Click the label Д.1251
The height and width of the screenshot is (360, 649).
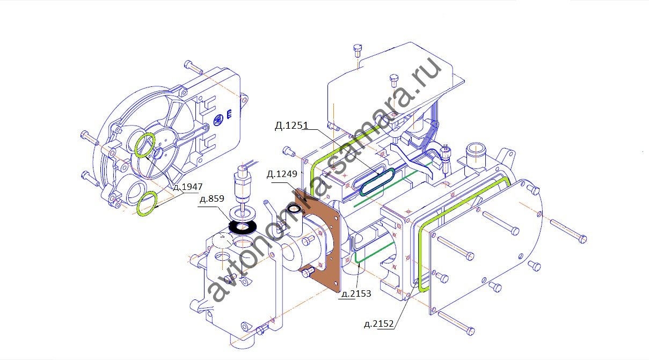pyautogui.click(x=290, y=126)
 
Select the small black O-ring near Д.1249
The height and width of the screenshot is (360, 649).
pyautogui.click(x=295, y=209)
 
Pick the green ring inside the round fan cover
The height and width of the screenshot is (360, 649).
pyautogui.click(x=145, y=145)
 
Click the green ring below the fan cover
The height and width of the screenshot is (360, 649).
pyautogui.click(x=147, y=203)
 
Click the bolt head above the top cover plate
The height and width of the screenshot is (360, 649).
pyautogui.click(x=359, y=50)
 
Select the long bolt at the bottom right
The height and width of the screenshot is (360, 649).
pyautogui.click(x=456, y=322)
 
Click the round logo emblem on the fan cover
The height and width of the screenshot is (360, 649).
pyautogui.click(x=218, y=120)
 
